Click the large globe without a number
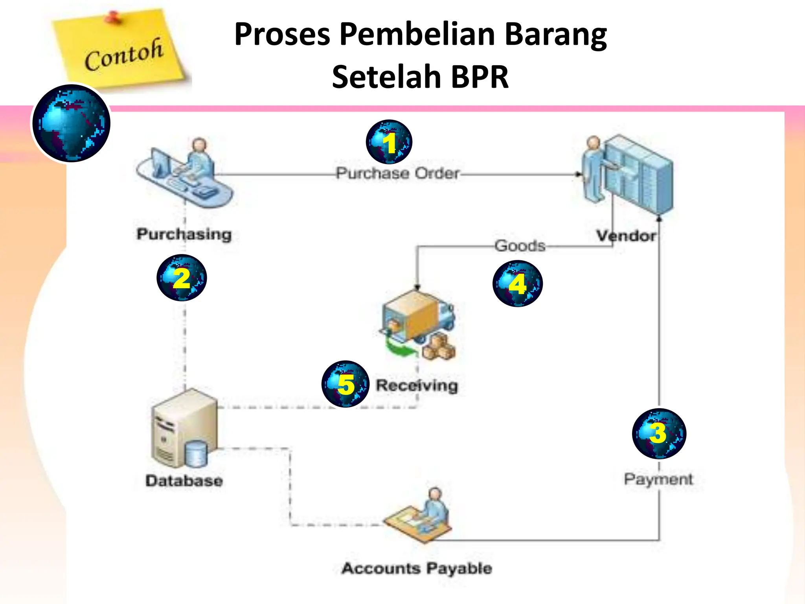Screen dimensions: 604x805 (x=71, y=123)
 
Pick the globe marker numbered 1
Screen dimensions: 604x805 (x=389, y=142)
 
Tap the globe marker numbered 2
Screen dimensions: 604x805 (x=182, y=278)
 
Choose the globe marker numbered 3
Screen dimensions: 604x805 (x=659, y=433)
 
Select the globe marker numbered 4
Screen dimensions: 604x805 (x=517, y=284)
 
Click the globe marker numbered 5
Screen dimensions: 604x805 (x=346, y=384)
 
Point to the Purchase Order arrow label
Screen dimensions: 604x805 (x=397, y=173)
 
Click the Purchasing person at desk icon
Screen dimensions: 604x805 (x=185, y=173)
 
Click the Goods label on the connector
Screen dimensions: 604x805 (x=520, y=246)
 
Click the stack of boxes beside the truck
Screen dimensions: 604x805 (x=439, y=347)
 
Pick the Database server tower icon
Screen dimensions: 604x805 (x=184, y=429)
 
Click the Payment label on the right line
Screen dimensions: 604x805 (x=658, y=479)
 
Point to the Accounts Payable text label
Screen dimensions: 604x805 (x=417, y=568)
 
